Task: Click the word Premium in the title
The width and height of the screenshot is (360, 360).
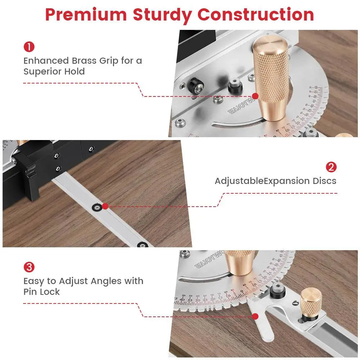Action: coord(86,15)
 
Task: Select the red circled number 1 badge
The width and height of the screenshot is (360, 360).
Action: coord(29,47)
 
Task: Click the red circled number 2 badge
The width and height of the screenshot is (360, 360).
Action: coord(331,167)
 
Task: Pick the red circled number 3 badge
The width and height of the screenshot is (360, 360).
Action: coord(29,267)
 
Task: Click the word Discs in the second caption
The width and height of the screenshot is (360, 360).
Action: coord(324,181)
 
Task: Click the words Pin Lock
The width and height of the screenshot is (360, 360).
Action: coord(42,292)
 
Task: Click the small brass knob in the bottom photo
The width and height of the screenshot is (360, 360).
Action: coord(311,300)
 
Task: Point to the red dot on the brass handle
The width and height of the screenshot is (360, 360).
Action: coord(255,96)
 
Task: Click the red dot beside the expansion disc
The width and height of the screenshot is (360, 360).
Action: coord(105,206)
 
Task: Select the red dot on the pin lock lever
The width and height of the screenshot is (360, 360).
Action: coord(255,316)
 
